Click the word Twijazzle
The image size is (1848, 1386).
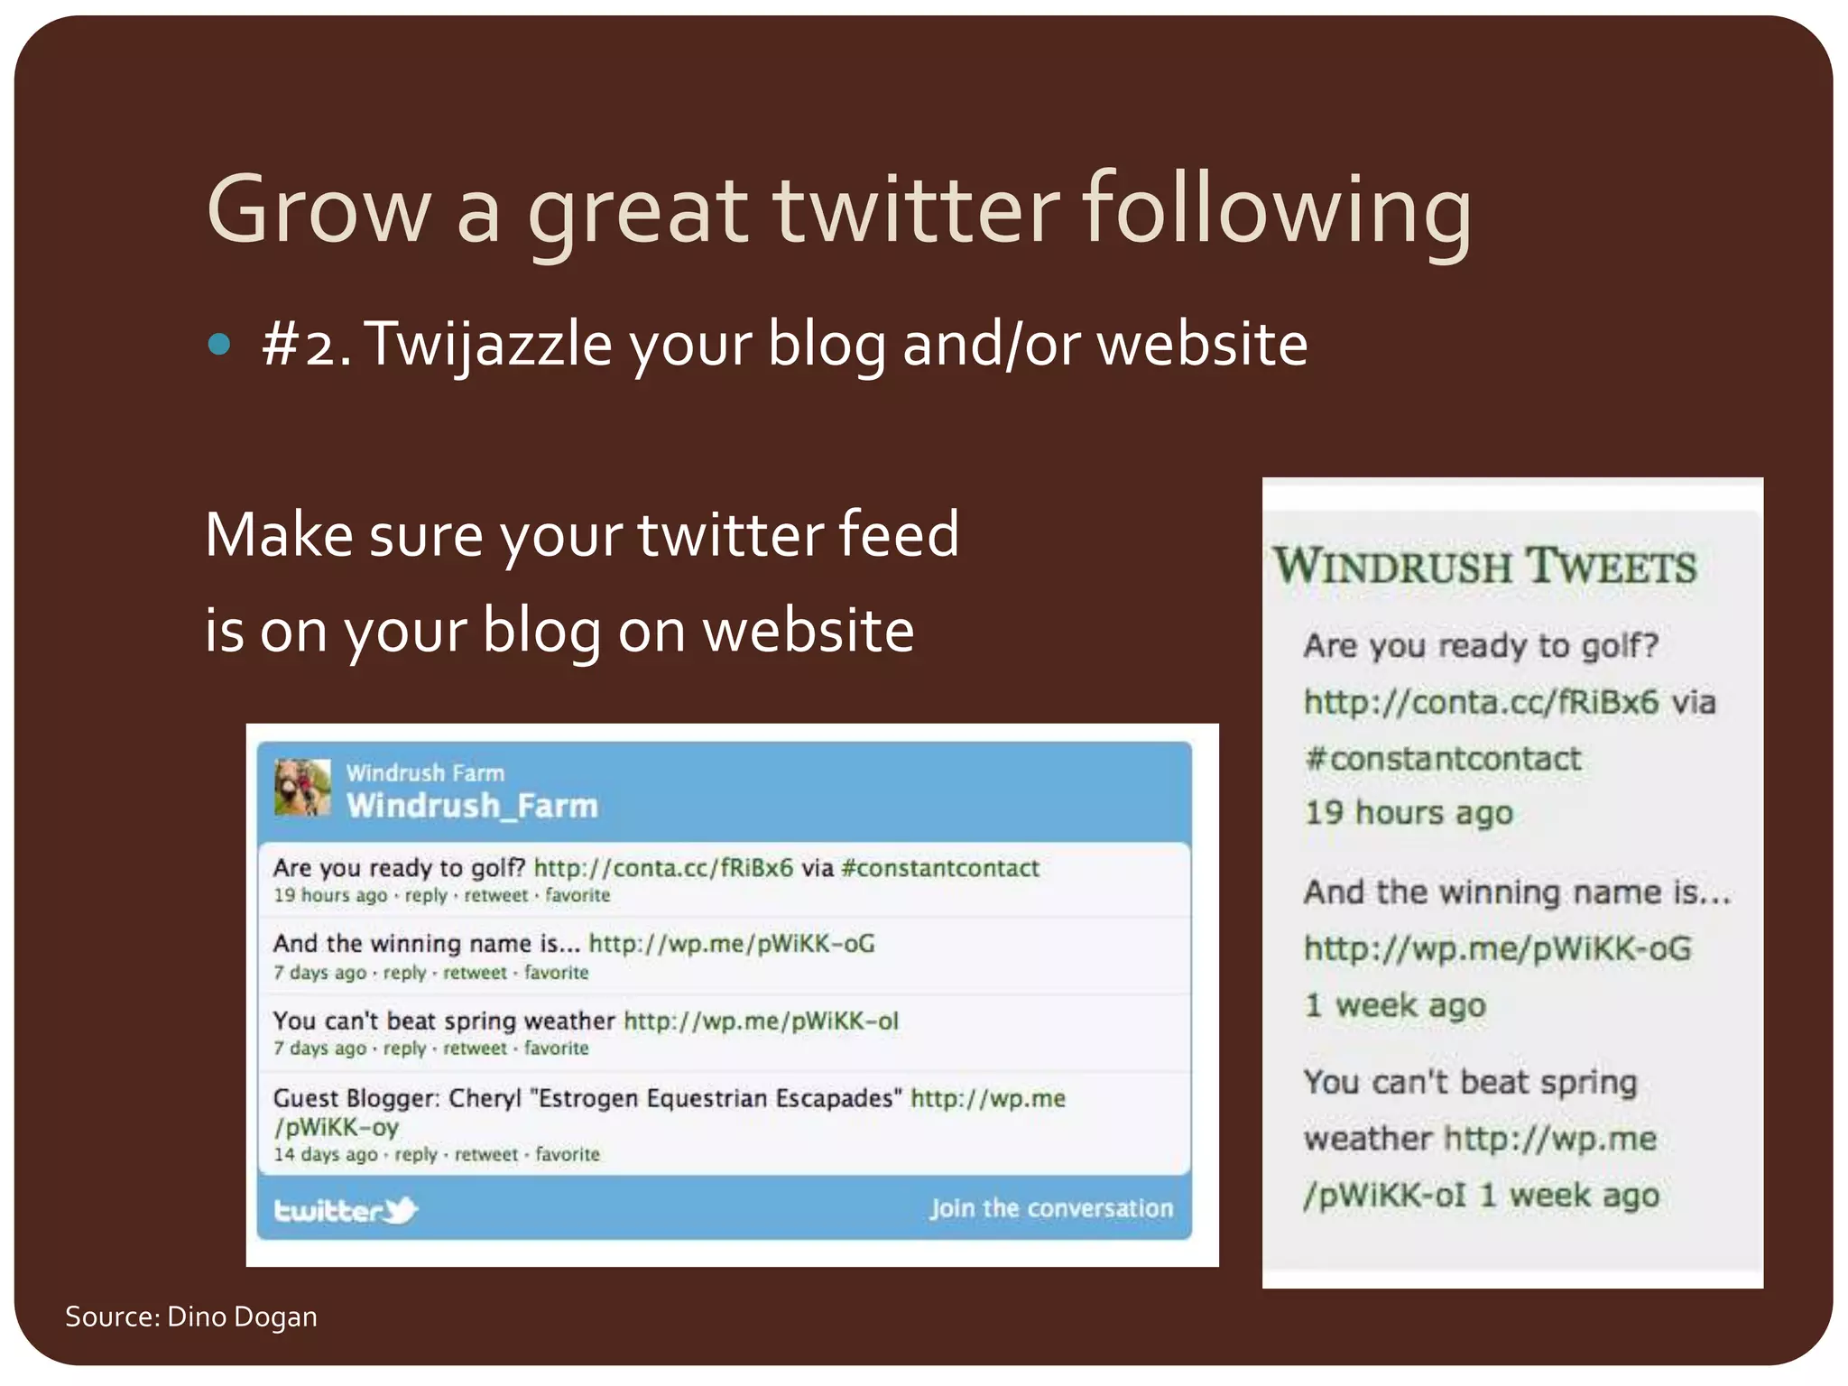click(488, 346)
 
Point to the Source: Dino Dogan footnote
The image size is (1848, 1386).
click(191, 1317)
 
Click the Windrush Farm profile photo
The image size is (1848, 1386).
click(302, 788)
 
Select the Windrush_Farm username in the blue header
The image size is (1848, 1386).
click(472, 806)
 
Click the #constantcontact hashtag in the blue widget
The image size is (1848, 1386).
click(939, 868)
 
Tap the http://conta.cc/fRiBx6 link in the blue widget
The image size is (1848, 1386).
click(663, 868)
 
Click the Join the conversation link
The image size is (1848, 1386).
click(1051, 1208)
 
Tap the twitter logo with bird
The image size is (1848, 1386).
click(346, 1210)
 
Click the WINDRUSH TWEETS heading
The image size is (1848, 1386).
click(1484, 567)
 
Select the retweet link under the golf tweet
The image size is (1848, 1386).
click(495, 895)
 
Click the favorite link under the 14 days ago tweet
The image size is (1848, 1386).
click(568, 1154)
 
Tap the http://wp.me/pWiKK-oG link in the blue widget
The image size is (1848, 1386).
click(732, 944)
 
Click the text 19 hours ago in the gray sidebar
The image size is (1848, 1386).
click(1408, 813)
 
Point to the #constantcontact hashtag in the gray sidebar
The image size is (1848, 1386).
click(1442, 759)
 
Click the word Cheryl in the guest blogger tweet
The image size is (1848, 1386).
click(485, 1098)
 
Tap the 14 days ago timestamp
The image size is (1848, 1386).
click(326, 1154)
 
